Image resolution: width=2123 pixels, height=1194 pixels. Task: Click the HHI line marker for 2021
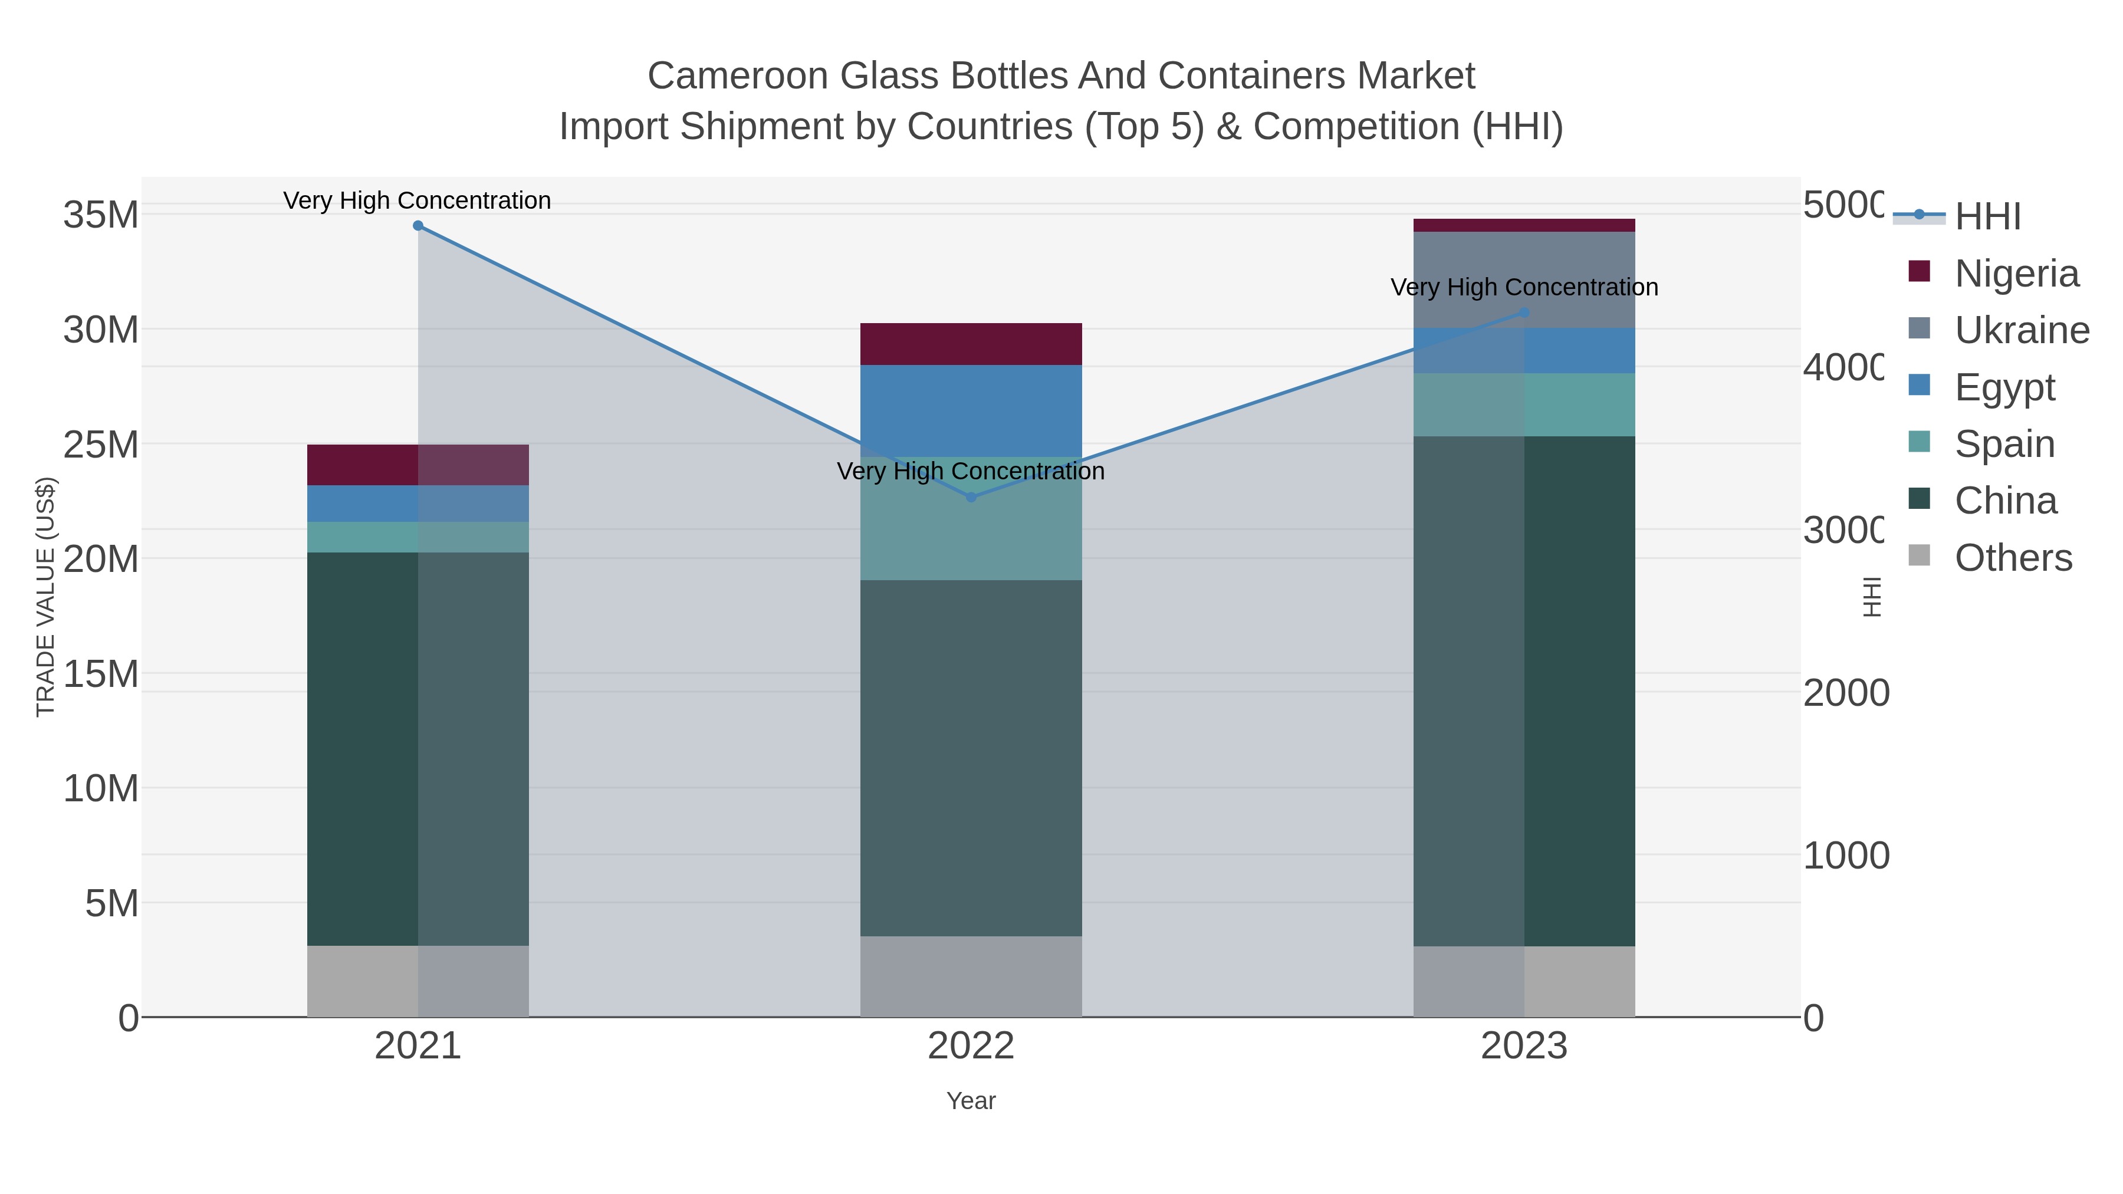click(418, 226)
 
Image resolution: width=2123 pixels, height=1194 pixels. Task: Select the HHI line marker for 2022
click(971, 497)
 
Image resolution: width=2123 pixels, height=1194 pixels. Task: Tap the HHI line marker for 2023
click(1524, 313)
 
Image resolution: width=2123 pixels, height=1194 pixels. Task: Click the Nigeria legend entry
click(2016, 274)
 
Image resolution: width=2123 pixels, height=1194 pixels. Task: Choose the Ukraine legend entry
click(2021, 330)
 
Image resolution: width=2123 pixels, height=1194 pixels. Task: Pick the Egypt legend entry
click(2004, 387)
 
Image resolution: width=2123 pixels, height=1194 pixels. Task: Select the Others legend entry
click(2013, 558)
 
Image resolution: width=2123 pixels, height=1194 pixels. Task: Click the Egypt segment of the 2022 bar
click(971, 410)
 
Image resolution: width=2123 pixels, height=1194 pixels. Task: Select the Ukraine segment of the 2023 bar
click(1524, 279)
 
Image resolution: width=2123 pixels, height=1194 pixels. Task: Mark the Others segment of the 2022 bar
click(971, 976)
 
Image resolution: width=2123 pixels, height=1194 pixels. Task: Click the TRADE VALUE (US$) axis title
click(46, 597)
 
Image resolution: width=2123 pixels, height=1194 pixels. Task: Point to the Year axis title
click(971, 1101)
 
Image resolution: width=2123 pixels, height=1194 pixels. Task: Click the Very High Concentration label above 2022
click(971, 471)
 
